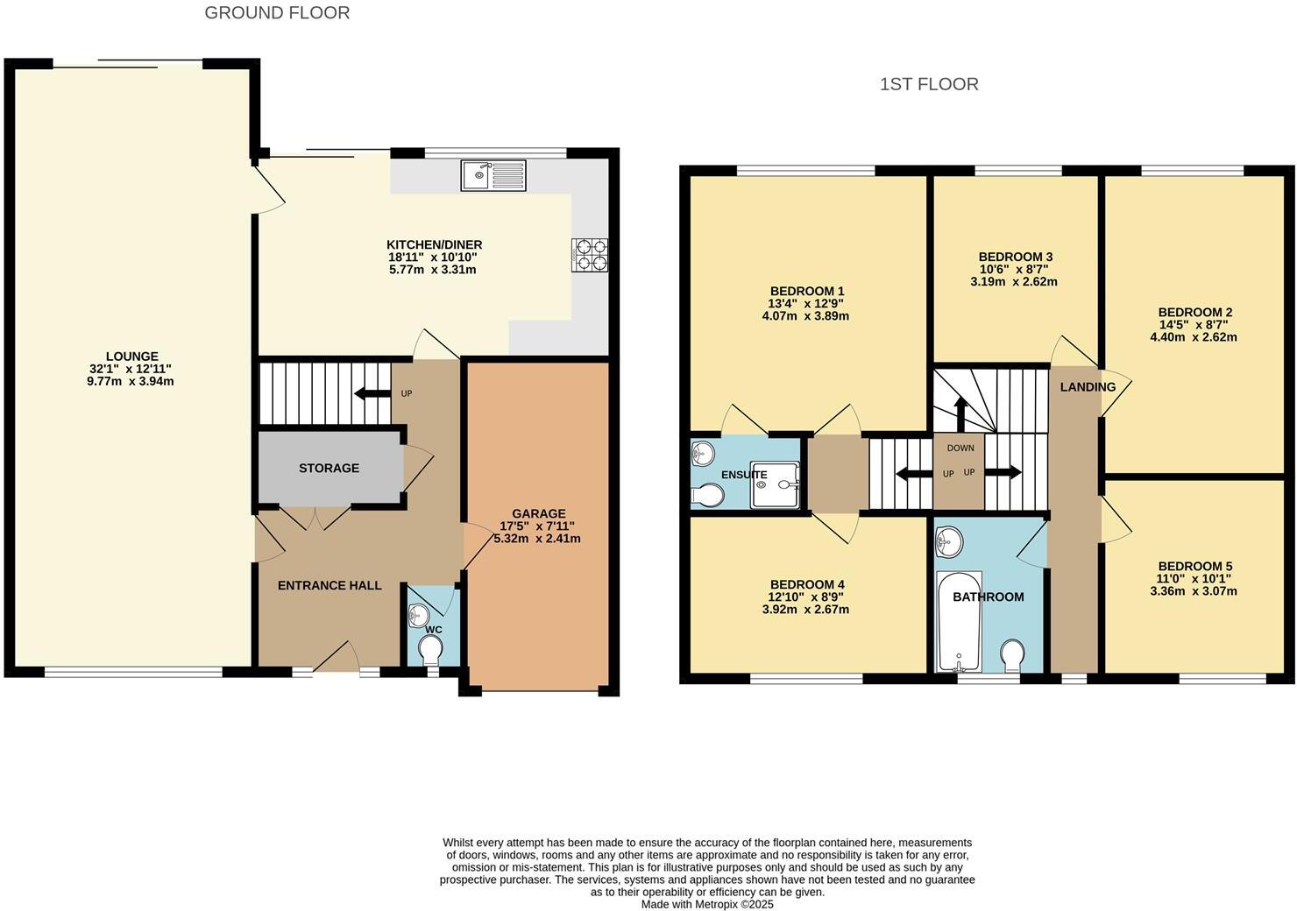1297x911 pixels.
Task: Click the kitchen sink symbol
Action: click(x=493, y=175)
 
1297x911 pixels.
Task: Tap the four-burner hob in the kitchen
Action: click(x=590, y=254)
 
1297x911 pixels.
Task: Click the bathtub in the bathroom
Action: click(x=960, y=620)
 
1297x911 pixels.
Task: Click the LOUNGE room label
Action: click(x=131, y=357)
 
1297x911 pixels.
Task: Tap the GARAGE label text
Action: click(x=538, y=513)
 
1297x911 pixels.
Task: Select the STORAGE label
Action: click(x=329, y=469)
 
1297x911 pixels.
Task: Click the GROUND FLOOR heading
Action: click(x=277, y=13)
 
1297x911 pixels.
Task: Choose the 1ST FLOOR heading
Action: click(x=929, y=84)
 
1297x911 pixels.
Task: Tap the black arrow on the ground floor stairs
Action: click(x=372, y=393)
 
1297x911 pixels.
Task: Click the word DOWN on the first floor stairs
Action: click(x=960, y=448)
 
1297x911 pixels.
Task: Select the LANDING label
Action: click(x=1088, y=387)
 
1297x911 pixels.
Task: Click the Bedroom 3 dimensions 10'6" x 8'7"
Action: click(x=1015, y=270)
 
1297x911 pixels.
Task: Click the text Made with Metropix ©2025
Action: click(x=707, y=905)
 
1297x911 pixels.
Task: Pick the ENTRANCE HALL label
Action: click(x=330, y=585)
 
